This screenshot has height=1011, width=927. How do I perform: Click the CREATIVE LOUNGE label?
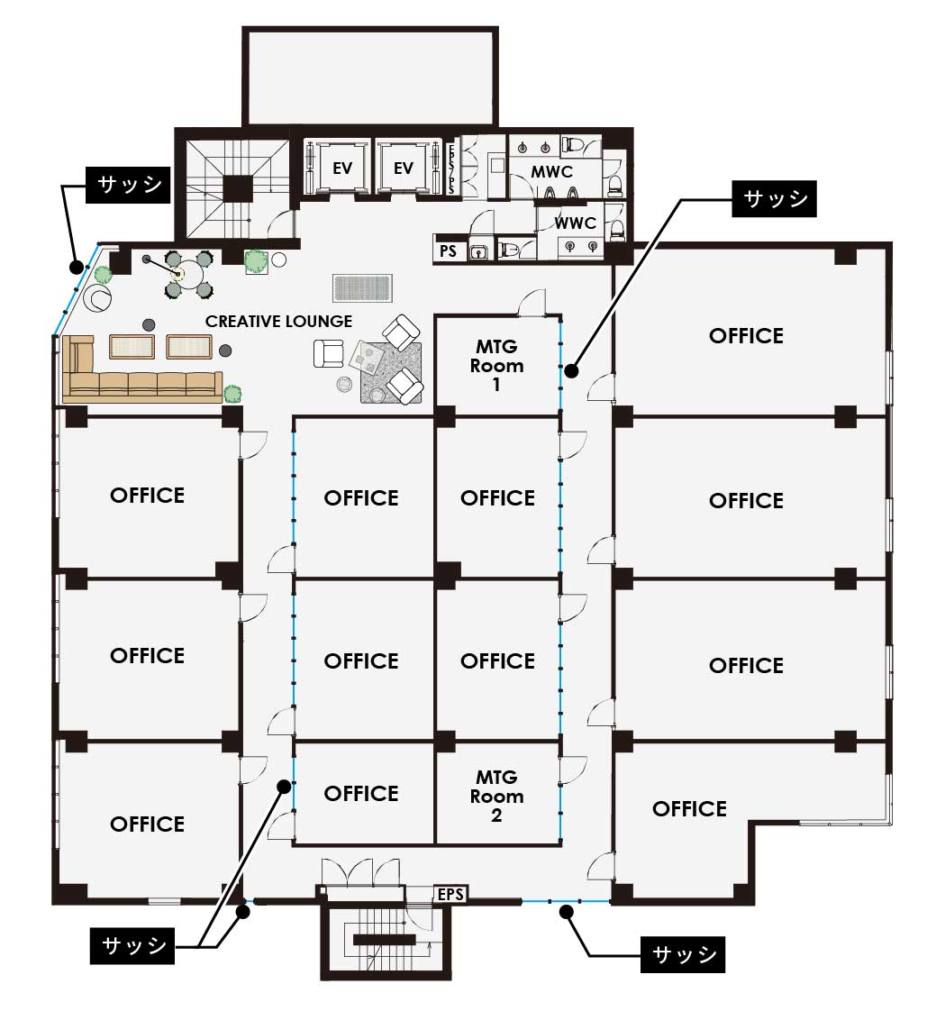click(x=278, y=321)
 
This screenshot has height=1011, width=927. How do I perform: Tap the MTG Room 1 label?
click(x=496, y=365)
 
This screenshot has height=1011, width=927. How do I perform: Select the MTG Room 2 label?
click(x=496, y=796)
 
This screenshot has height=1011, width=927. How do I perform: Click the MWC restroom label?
click(x=552, y=171)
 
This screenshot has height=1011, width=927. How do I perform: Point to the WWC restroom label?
click(x=575, y=223)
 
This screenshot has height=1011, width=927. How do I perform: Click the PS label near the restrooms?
click(x=448, y=250)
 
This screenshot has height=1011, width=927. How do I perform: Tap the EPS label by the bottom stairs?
click(x=450, y=894)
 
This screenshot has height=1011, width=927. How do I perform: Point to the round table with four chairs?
click(x=188, y=274)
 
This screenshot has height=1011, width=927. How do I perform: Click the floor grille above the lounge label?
click(x=362, y=287)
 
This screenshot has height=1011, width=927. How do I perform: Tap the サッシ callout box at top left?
click(x=128, y=185)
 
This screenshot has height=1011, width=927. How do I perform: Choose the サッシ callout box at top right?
click(x=774, y=198)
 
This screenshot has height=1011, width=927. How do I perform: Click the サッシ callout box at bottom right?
click(x=683, y=954)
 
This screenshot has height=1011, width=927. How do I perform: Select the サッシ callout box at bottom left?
click(x=132, y=946)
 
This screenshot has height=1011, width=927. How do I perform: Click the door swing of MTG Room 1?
click(x=532, y=303)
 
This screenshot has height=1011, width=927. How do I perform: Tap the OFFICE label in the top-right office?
click(x=747, y=336)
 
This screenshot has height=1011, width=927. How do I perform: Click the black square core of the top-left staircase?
click(x=237, y=189)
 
